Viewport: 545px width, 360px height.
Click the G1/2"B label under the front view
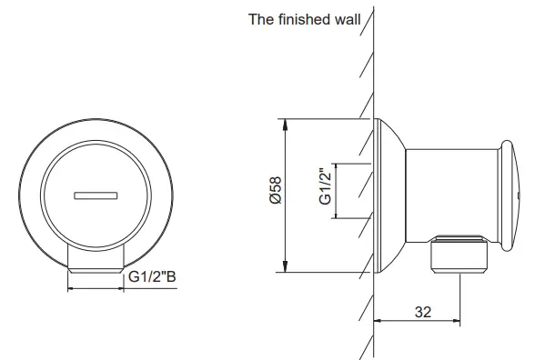click(x=152, y=277)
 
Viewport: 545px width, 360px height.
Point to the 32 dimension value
click(x=422, y=311)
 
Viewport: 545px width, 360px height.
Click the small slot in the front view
click(x=96, y=194)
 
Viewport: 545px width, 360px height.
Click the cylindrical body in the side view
click(x=449, y=192)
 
